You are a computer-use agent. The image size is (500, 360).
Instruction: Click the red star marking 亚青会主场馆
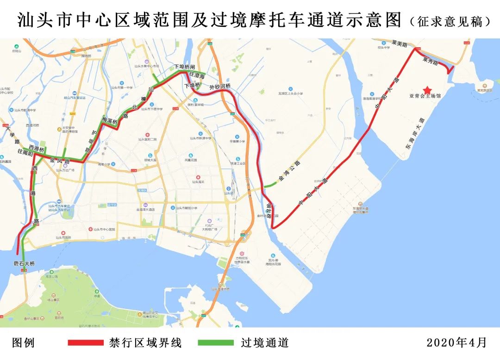(x=427, y=89)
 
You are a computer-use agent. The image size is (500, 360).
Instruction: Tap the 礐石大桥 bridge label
(x=24, y=263)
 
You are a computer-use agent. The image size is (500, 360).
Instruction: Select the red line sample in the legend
(x=85, y=342)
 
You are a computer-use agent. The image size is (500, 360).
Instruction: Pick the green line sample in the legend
(x=216, y=342)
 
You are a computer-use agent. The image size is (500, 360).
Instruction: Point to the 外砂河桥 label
(x=220, y=87)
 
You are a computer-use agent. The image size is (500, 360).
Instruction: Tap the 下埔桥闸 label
(x=185, y=67)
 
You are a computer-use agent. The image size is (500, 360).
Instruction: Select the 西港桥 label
(x=36, y=149)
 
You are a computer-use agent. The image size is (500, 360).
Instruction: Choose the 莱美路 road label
(x=399, y=44)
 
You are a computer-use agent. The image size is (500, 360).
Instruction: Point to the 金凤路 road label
(x=60, y=161)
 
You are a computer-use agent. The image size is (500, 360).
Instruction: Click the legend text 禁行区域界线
(x=146, y=342)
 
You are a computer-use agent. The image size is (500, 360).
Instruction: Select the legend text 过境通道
(x=265, y=342)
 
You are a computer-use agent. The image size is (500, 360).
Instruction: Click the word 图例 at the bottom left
(x=23, y=342)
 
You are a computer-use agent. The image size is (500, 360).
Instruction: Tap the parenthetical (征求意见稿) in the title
(x=450, y=21)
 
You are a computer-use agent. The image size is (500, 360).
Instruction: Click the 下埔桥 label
(x=192, y=86)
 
